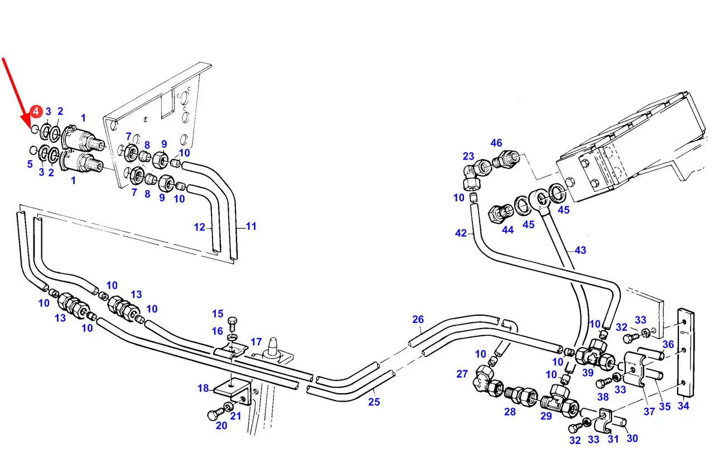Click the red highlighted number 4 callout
(x=36, y=112)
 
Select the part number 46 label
(x=496, y=143)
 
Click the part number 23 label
(x=469, y=157)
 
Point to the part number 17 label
(x=256, y=341)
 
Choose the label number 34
(x=683, y=406)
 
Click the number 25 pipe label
(x=374, y=401)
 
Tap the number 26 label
(x=418, y=320)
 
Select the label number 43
(x=580, y=250)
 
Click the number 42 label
(x=460, y=233)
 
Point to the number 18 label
(x=203, y=388)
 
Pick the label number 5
(x=30, y=164)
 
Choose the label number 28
(x=510, y=412)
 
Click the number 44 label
(x=508, y=229)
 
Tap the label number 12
(x=200, y=227)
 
